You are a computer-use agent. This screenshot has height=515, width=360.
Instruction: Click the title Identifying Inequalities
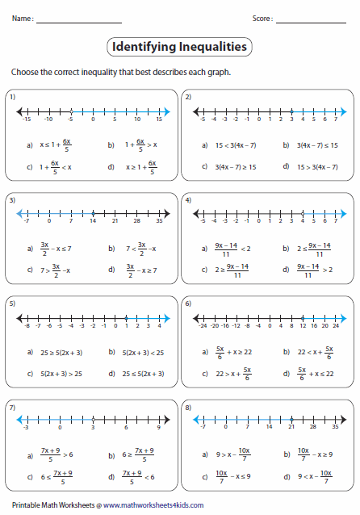click(x=179, y=48)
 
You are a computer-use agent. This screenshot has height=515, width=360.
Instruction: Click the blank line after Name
click(x=79, y=20)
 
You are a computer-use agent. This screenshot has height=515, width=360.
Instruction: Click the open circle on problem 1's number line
click(x=71, y=111)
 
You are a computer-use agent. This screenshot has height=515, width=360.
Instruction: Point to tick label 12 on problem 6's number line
click(x=302, y=325)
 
